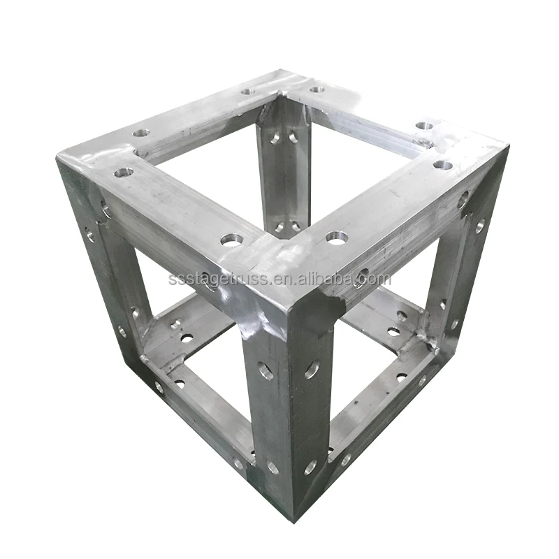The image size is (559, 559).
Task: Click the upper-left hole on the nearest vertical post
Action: (266, 370)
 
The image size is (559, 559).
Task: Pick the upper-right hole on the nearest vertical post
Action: (312, 369)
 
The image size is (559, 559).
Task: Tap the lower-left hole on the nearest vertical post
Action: (271, 466)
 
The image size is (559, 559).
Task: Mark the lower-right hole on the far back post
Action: (296, 226)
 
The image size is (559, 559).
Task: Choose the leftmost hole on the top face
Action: (124, 172)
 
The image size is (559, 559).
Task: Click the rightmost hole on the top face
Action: (442, 165)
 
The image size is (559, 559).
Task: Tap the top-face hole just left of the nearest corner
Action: (231, 240)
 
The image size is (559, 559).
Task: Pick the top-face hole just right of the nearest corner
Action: (336, 238)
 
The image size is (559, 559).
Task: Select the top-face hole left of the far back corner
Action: (249, 91)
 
